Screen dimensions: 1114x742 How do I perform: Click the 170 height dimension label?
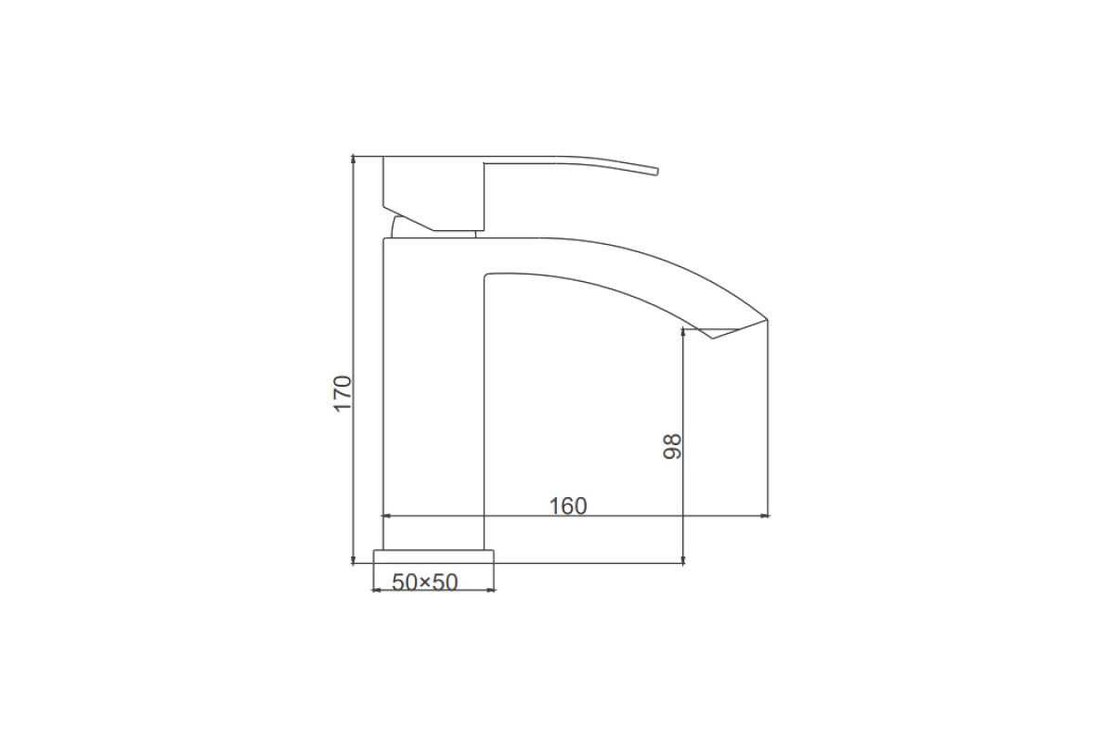coord(343,393)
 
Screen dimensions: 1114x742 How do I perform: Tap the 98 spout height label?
coord(672,446)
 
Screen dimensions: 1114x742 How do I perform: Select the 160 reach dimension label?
coord(568,506)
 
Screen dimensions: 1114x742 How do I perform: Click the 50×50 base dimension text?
coord(425,582)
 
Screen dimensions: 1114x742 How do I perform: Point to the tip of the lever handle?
coord(657,172)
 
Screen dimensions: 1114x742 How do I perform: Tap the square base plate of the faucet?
coord(434,556)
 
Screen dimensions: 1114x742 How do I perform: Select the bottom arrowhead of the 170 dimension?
coord(354,560)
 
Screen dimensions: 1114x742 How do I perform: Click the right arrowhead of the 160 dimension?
coord(765,517)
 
